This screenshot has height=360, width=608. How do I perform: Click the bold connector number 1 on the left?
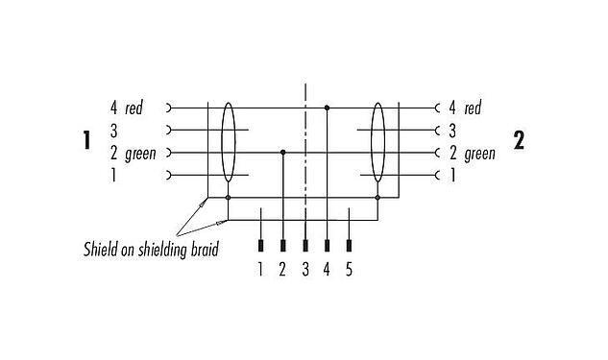86,142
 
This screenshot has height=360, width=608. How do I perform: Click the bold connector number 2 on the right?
520,141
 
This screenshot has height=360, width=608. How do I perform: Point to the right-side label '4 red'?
465,108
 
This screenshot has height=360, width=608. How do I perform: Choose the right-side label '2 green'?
472,153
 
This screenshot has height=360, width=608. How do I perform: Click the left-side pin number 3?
113,130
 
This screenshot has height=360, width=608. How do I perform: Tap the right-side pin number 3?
451,130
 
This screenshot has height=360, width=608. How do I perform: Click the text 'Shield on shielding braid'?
150,251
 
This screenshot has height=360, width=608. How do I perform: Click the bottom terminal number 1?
259,270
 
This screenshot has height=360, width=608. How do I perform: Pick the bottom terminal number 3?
305,270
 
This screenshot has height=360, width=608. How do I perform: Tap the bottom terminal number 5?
349,270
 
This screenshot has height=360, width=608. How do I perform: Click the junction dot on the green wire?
282,152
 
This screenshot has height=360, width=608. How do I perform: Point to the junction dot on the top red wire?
328,108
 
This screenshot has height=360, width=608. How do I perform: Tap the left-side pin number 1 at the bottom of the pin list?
113,175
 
